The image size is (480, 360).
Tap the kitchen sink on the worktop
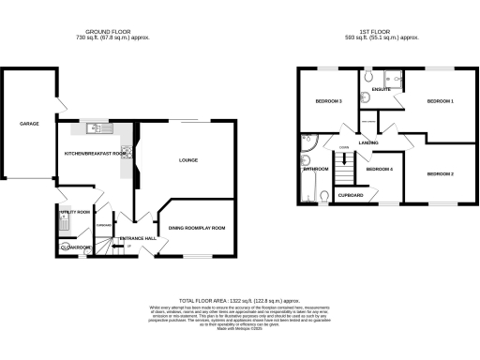[x=96, y=128]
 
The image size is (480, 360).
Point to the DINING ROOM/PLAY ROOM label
[x=197, y=228]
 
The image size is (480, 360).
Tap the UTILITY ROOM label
[x=74, y=213]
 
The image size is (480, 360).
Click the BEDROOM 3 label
[x=327, y=100]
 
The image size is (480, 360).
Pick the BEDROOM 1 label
[x=440, y=100]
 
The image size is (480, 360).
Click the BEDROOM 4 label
[x=379, y=169]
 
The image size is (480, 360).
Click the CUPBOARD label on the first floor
[x=349, y=195]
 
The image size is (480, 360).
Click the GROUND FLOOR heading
[x=111, y=31]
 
